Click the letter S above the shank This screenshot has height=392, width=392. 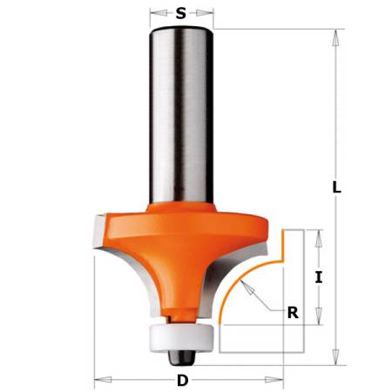tap(181, 13)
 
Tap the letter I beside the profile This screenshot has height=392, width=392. tap(319, 278)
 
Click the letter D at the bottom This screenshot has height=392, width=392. tap(182, 380)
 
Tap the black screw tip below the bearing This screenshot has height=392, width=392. tap(182, 355)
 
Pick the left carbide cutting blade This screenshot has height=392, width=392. tap(100, 244)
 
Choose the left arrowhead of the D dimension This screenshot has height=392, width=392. tap(98, 380)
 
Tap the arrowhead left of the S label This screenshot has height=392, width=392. tap(155, 13)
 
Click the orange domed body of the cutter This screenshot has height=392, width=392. tap(174, 253)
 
